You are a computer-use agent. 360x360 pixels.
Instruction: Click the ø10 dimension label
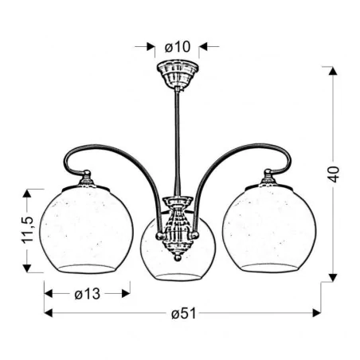point(177,47)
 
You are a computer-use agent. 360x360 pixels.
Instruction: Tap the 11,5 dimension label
point(27,230)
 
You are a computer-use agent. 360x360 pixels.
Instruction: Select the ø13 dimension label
point(87,293)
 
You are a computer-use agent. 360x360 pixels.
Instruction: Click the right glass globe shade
point(269,230)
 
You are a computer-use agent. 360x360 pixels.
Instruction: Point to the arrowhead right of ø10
point(202,47)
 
